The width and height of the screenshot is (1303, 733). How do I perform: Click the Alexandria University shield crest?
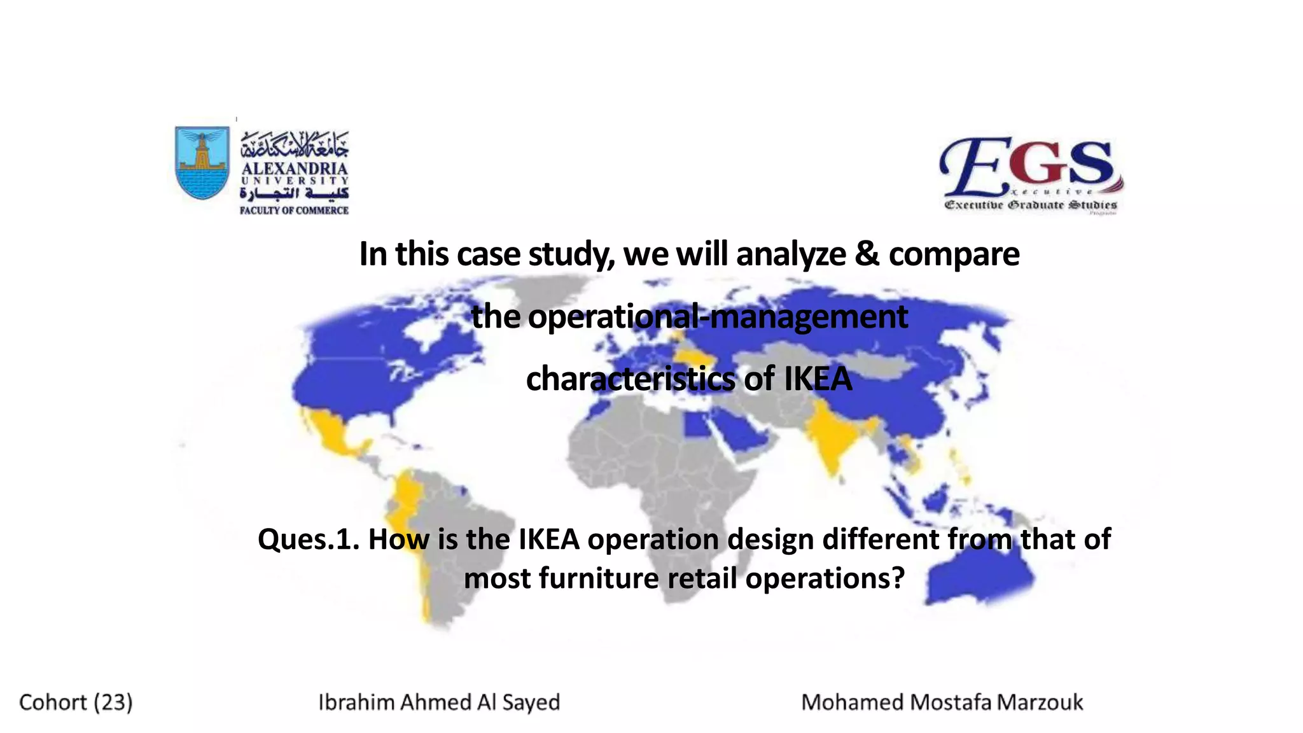(x=202, y=162)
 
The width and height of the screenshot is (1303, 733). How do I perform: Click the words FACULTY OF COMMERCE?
(x=294, y=210)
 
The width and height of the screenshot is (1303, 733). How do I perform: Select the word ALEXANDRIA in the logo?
(x=295, y=169)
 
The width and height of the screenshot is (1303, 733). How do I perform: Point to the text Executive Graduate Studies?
(x=1031, y=205)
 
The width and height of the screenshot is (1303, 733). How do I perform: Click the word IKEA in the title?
(x=818, y=379)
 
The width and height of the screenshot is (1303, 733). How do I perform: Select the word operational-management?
(x=689, y=316)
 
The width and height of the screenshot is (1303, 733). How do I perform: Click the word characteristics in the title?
(x=631, y=379)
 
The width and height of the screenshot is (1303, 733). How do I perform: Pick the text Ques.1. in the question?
(x=309, y=540)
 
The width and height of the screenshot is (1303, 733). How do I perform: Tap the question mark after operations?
(x=898, y=578)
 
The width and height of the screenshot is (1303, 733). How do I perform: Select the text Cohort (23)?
(x=76, y=702)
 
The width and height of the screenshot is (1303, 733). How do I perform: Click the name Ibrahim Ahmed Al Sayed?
(x=439, y=702)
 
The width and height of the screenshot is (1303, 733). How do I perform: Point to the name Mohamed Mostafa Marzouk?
(x=942, y=702)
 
